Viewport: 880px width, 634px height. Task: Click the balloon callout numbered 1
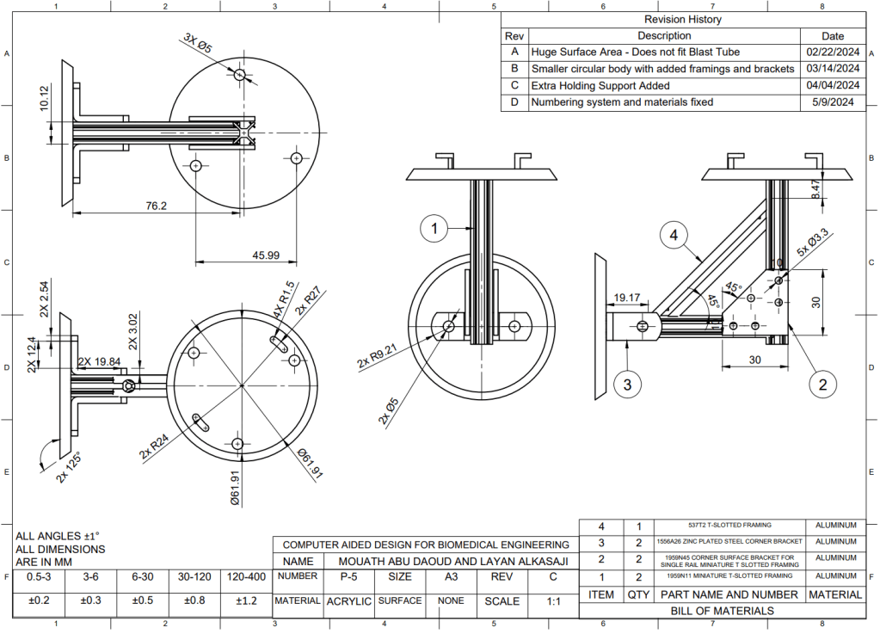tap(435, 228)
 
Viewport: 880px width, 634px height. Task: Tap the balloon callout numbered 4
tap(675, 235)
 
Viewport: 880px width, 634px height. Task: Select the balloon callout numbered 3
tap(628, 385)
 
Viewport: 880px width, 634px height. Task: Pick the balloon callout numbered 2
tap(822, 385)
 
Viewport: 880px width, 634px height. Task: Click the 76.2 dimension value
tap(156, 206)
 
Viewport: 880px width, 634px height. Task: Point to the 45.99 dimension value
tap(266, 255)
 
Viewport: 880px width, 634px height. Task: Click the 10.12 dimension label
tap(45, 99)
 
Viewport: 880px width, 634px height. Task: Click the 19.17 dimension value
tap(626, 299)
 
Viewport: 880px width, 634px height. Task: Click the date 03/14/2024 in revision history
tap(833, 69)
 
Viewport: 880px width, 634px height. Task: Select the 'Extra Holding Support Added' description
tap(600, 86)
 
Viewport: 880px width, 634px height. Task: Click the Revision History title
tap(682, 19)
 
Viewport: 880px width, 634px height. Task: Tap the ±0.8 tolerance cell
tap(193, 601)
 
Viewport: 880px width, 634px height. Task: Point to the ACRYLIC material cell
tap(348, 601)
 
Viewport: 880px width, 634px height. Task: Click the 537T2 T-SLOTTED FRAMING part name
tap(729, 525)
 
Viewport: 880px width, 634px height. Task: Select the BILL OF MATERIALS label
tap(722, 611)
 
